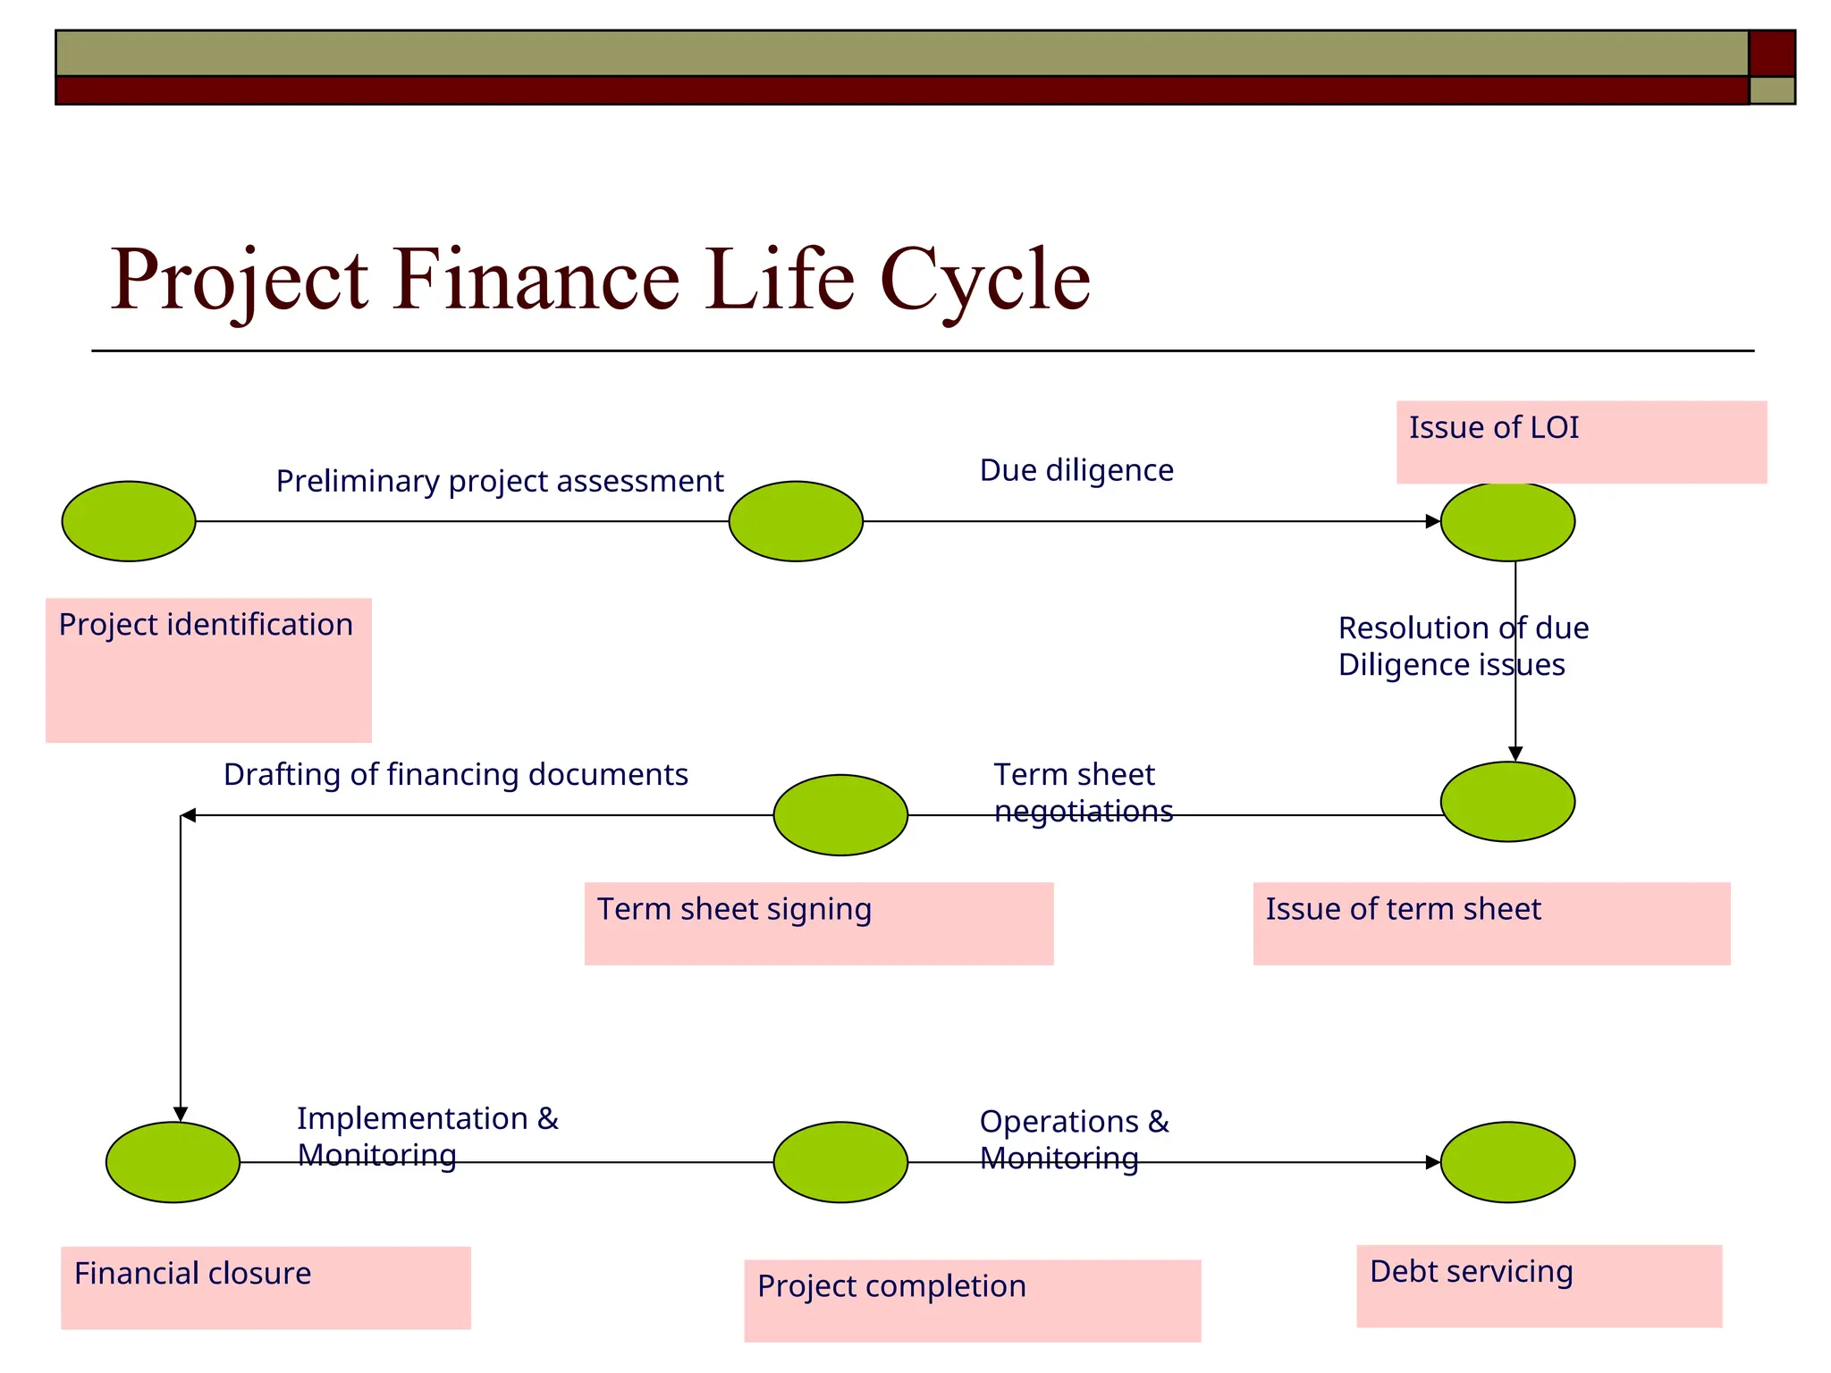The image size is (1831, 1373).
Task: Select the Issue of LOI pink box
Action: pyautogui.click(x=1581, y=442)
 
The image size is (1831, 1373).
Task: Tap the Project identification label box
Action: pyautogui.click(x=208, y=670)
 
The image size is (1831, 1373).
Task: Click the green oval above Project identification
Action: pyautogui.click(x=129, y=521)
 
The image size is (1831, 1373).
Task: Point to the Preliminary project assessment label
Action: pyautogui.click(x=499, y=481)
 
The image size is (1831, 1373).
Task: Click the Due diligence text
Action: pyautogui.click(x=1076, y=470)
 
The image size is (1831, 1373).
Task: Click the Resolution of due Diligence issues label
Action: pyautogui.click(x=1463, y=646)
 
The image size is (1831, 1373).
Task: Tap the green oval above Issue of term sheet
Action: pyautogui.click(x=1507, y=802)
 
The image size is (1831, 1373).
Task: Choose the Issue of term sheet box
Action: pyautogui.click(x=1491, y=923)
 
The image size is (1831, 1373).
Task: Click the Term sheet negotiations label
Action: pyautogui.click(x=1082, y=792)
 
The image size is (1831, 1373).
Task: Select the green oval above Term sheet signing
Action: pyautogui.click(x=840, y=814)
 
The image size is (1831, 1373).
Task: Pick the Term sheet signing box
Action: pyautogui.click(x=819, y=923)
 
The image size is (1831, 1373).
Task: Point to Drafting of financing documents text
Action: pyautogui.click(x=455, y=774)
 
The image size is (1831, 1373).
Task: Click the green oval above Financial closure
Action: pyautogui.click(x=173, y=1162)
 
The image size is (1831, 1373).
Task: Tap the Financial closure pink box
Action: pyautogui.click(x=266, y=1287)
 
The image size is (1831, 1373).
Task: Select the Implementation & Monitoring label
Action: pyautogui.click(x=427, y=1136)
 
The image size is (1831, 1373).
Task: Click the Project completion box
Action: pyautogui.click(x=972, y=1300)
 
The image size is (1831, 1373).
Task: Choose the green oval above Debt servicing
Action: pyautogui.click(x=1507, y=1162)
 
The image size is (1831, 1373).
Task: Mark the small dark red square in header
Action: pyautogui.click(x=1771, y=53)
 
